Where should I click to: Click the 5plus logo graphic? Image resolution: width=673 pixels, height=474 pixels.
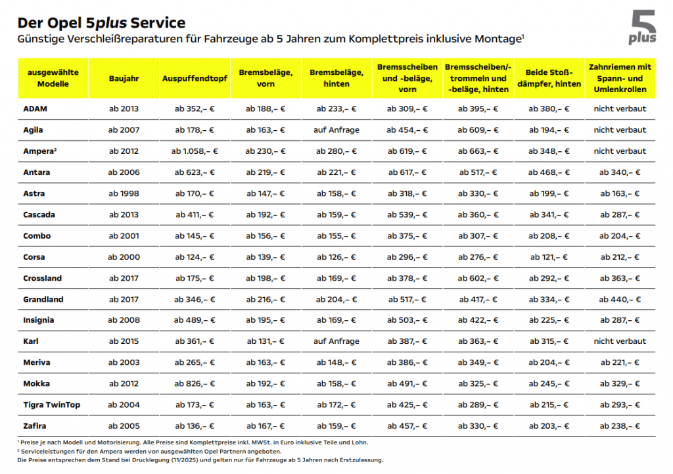641,28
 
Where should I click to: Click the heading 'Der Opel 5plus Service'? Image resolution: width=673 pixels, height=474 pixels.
101,23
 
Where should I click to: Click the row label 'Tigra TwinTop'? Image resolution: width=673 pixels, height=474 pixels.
51,405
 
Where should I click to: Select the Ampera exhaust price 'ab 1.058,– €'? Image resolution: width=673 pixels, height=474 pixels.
195,151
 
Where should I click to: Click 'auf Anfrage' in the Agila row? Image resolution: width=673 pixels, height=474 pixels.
336,130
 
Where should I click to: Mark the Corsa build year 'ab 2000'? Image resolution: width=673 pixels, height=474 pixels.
124,257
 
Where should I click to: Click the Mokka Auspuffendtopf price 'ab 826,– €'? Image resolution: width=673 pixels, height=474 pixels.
195,384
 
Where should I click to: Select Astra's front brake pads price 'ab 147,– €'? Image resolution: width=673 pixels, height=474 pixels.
266,194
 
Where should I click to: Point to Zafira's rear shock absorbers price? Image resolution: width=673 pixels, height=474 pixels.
549,426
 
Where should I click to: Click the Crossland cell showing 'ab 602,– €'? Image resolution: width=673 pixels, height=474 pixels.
477,278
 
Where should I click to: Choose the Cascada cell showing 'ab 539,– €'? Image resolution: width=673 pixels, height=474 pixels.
406,215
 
